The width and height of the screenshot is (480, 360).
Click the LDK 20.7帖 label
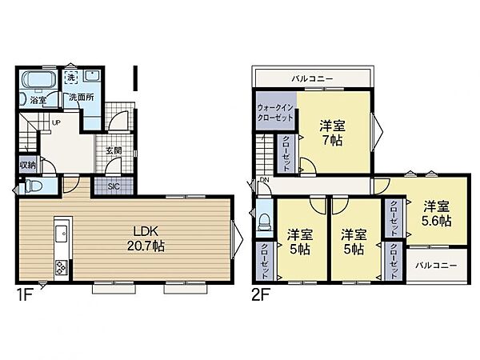tap(146, 238)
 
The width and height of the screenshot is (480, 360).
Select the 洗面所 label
tap(82, 98)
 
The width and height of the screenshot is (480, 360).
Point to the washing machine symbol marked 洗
tap(71, 77)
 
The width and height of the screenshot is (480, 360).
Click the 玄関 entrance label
tap(114, 150)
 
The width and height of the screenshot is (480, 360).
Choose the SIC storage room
tap(114, 186)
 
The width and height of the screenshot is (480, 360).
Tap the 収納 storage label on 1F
tap(27, 166)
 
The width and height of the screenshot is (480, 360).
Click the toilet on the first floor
tap(33, 186)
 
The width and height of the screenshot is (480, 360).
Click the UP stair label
tap(56, 122)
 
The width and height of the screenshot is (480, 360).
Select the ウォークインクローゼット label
tap(275, 113)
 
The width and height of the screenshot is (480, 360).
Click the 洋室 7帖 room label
tap(333, 133)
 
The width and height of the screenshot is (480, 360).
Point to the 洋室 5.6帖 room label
tap(437, 214)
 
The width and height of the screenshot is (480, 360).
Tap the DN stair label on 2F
tap(264, 180)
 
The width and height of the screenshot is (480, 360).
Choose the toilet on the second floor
tap(265, 222)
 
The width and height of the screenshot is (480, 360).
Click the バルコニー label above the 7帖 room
tap(312, 78)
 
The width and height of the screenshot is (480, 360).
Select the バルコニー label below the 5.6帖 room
tap(436, 265)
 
